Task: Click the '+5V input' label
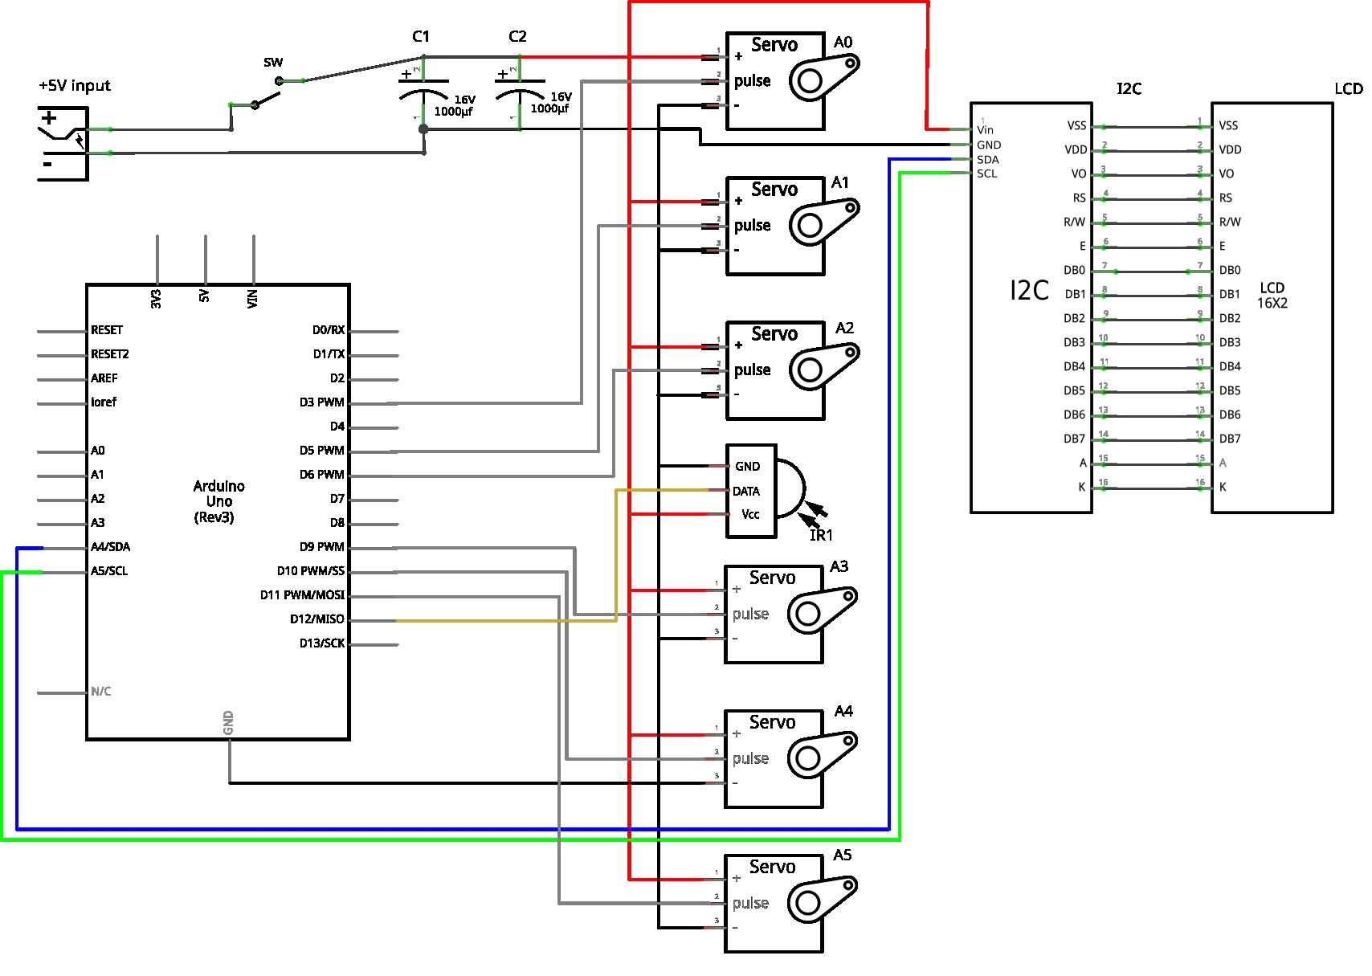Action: click(74, 86)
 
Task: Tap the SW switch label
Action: click(273, 63)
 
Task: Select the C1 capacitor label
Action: click(421, 37)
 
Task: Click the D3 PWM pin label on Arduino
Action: click(321, 402)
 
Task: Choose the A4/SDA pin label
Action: click(110, 547)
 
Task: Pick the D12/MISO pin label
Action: click(316, 619)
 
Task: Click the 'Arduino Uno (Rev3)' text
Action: click(218, 501)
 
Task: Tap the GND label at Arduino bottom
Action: click(228, 722)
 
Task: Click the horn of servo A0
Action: click(824, 76)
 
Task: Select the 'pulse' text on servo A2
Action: click(752, 370)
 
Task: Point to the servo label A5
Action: click(842, 856)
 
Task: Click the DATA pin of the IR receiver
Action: click(745, 491)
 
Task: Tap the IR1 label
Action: click(821, 536)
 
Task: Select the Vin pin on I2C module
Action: click(985, 130)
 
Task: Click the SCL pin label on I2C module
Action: click(986, 174)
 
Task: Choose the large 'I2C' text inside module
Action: click(1029, 290)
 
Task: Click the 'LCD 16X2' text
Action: click(1272, 296)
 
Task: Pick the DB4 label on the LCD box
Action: click(1229, 366)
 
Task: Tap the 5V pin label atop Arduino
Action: click(205, 296)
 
